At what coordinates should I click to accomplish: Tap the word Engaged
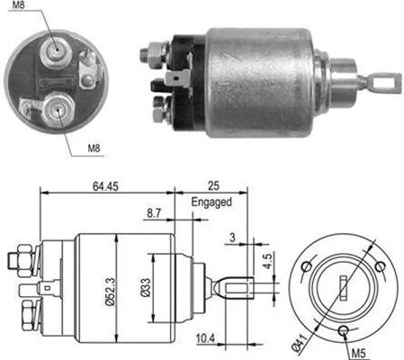click(212, 202)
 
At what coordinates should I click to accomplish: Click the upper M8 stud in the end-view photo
click(56, 49)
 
